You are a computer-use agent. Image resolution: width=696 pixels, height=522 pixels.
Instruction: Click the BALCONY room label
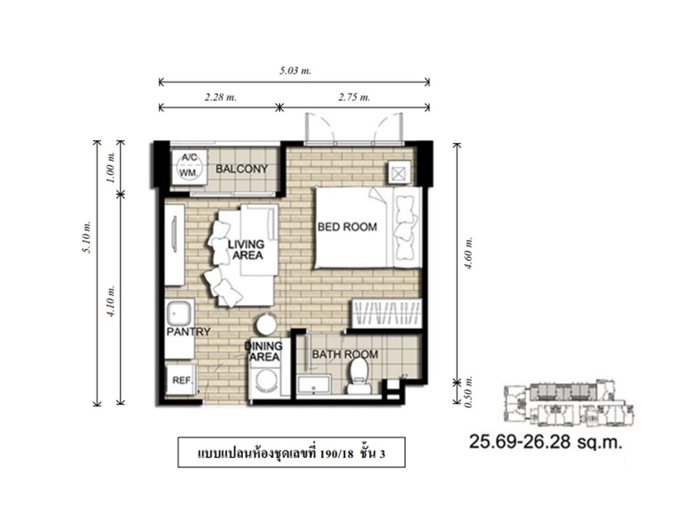click(242, 169)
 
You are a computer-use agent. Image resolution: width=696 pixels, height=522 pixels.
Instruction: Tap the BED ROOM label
click(347, 227)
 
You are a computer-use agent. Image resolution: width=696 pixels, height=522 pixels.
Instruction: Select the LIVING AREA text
click(246, 250)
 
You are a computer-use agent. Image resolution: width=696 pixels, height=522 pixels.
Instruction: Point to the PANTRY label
click(188, 331)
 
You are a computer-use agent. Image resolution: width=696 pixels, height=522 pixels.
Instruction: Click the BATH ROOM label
click(345, 355)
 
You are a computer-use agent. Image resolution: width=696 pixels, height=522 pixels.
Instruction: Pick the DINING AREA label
click(265, 352)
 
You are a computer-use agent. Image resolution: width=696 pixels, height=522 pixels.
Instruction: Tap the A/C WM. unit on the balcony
click(189, 165)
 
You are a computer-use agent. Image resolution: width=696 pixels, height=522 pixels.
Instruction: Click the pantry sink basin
click(179, 313)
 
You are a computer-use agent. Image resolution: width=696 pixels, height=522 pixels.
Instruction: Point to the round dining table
click(267, 323)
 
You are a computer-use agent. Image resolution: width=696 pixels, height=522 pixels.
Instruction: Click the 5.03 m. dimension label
click(295, 70)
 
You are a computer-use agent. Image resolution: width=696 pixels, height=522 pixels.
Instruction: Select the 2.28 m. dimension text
click(220, 97)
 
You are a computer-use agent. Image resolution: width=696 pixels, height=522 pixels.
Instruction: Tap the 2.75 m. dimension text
click(355, 97)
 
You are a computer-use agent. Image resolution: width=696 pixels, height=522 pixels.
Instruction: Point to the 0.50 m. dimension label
click(469, 392)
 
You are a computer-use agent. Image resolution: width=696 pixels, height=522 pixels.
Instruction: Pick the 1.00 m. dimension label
click(111, 167)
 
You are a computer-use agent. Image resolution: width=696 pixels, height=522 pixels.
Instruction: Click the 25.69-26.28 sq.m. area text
click(545, 442)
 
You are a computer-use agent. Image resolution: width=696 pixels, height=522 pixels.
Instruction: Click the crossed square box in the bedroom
click(399, 173)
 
